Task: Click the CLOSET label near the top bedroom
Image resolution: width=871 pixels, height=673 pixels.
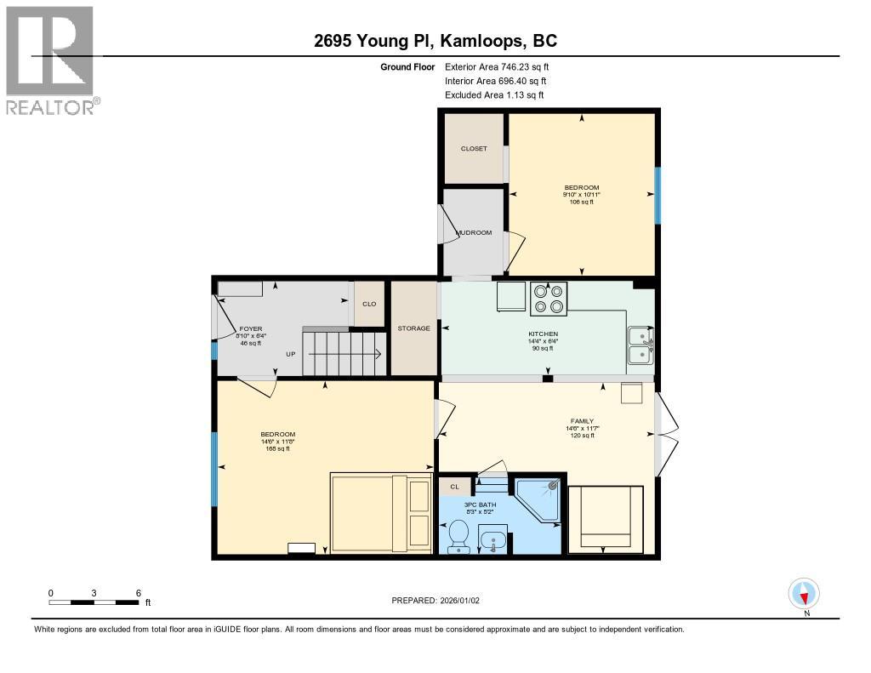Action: [x=474, y=149]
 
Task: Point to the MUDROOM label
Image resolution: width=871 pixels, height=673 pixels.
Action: [x=474, y=232]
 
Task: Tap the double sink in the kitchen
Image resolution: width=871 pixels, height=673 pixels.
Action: [x=640, y=346]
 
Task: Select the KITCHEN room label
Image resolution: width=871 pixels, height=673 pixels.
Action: [x=543, y=334]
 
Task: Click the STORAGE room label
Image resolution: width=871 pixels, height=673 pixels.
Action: [x=414, y=328]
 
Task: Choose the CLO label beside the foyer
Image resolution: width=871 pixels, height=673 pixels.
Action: [x=369, y=304]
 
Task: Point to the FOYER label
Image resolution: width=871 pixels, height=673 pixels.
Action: [x=250, y=328]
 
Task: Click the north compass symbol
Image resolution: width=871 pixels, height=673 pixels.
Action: [x=804, y=592]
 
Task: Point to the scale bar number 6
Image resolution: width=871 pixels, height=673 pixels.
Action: [x=138, y=592]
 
